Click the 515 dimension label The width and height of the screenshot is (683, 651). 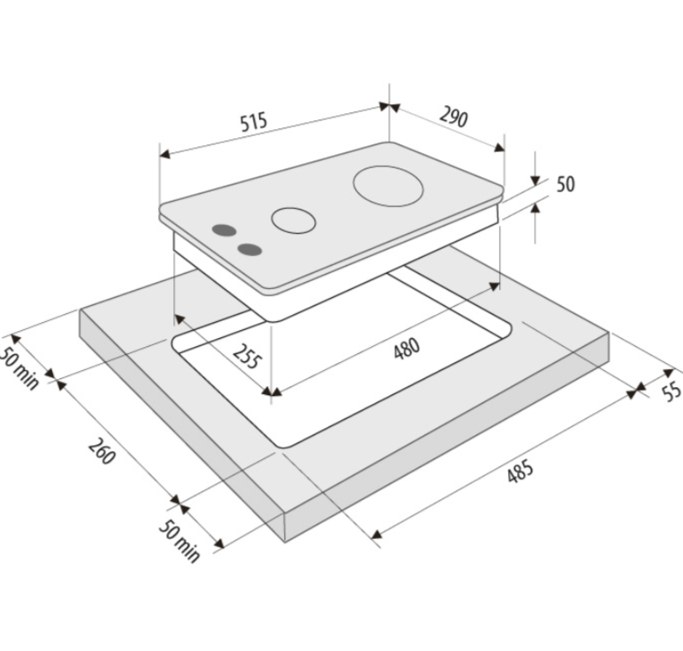[x=254, y=121]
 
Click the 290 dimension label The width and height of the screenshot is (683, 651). [x=454, y=116]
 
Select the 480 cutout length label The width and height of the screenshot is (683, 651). [x=407, y=349]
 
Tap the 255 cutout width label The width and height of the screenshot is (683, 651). [x=247, y=357]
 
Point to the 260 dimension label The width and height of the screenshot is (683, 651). [x=103, y=451]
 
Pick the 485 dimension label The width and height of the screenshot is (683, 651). [x=521, y=471]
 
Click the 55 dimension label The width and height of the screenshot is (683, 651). [x=671, y=391]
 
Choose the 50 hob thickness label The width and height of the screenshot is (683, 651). [x=565, y=184]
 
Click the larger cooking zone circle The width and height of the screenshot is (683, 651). [x=388, y=185]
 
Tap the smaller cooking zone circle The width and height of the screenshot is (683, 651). [x=293, y=220]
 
